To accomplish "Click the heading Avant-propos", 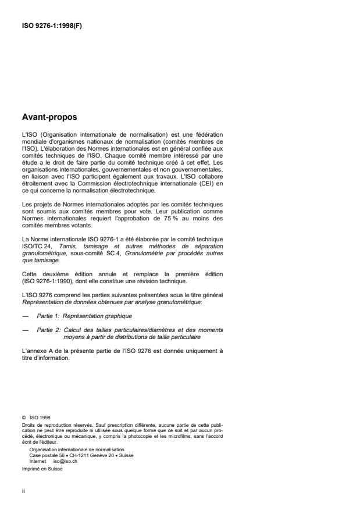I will coord(47,117).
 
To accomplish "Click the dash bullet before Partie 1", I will coord(24,315).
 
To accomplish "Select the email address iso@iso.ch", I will coord(65,460).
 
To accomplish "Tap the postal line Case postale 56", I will coord(51,455).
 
